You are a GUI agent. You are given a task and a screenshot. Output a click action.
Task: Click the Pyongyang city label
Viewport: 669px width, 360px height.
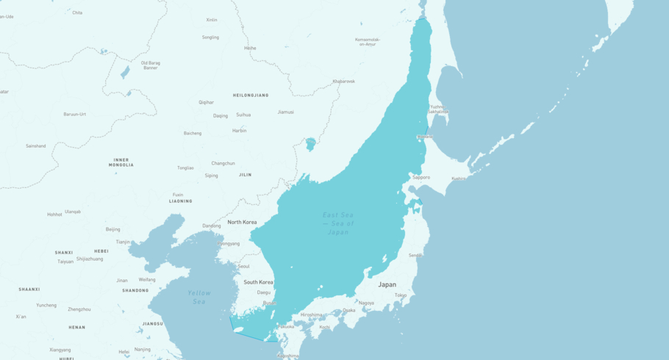pos(229,243)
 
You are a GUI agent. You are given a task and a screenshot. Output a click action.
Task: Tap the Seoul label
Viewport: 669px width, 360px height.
pos(243,266)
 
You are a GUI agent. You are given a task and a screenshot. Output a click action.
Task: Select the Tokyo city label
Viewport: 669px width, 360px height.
pos(400,295)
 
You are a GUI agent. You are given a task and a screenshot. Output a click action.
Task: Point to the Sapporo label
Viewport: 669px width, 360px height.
pos(421,177)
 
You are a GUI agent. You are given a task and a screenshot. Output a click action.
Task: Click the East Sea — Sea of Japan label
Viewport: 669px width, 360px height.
pos(338,223)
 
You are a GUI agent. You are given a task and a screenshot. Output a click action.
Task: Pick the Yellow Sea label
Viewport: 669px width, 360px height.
pos(198,297)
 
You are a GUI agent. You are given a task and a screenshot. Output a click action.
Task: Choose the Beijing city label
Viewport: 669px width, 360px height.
pos(112,229)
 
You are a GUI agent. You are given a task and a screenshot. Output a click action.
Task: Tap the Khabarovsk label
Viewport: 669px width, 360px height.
pos(343,81)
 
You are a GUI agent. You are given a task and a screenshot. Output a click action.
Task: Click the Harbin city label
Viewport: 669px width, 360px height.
pos(239,131)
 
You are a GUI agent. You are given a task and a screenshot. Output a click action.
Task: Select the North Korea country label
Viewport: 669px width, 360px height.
pos(242,222)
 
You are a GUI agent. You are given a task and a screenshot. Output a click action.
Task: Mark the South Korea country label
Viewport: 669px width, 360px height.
pos(258,282)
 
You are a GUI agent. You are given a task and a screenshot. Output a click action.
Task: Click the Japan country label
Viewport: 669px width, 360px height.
pos(387,284)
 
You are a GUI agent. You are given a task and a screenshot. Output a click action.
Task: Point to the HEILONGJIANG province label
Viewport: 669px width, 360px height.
pos(251,96)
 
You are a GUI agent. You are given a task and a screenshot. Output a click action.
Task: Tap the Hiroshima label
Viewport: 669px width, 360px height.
pos(311,314)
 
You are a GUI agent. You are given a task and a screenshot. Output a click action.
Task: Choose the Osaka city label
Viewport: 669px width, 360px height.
pos(348,310)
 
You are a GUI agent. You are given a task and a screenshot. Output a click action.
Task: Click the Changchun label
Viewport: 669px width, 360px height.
pos(223,163)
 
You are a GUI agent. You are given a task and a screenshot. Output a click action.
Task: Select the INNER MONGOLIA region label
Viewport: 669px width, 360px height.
pos(121,162)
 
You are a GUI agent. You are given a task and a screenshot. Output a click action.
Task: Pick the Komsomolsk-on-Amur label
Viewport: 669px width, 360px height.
pos(368,42)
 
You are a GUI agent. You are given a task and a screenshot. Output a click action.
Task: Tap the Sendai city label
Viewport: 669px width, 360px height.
pos(415,255)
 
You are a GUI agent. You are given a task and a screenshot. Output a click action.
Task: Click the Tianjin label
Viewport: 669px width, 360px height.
pos(123,242)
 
